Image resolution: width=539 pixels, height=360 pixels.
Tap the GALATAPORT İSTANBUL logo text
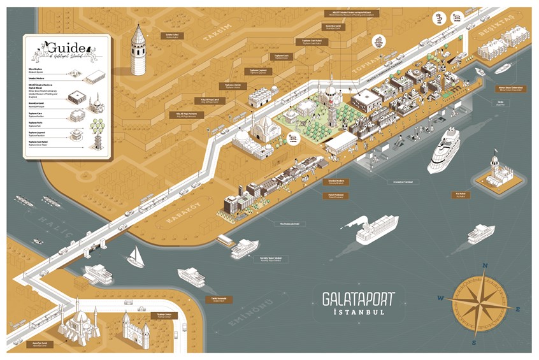coord(358,302)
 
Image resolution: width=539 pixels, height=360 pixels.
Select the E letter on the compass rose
coord(519,309)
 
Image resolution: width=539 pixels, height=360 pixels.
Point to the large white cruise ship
coord(443,150)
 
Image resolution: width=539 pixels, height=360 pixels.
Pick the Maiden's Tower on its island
coord(496,173)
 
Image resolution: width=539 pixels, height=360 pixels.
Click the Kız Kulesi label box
coord(459,194)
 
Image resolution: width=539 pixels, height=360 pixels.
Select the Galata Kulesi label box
coord(171,36)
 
